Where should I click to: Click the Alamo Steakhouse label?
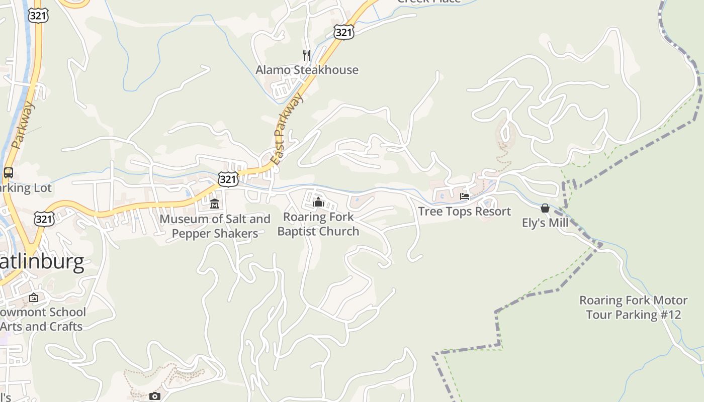(x=307, y=70)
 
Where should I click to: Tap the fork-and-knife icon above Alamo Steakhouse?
(x=306, y=55)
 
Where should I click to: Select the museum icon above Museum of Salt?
(x=215, y=204)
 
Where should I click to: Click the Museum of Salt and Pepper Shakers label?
(x=215, y=226)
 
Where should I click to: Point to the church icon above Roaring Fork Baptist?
(x=318, y=202)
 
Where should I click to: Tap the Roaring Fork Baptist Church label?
(x=318, y=224)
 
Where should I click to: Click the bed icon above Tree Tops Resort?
(x=464, y=196)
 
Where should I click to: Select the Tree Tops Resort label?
(x=464, y=211)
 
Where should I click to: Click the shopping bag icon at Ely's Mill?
(x=545, y=208)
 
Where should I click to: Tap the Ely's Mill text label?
(x=545, y=223)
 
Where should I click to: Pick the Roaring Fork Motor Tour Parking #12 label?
(x=633, y=308)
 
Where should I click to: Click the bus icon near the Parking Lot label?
(x=9, y=173)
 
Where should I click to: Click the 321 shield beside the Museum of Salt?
(x=228, y=179)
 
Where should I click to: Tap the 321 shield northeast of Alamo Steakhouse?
(x=343, y=33)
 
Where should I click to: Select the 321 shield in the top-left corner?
(x=38, y=16)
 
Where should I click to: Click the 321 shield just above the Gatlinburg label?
(x=44, y=219)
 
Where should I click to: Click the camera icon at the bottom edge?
(x=155, y=396)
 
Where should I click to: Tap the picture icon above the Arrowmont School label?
(x=34, y=297)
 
